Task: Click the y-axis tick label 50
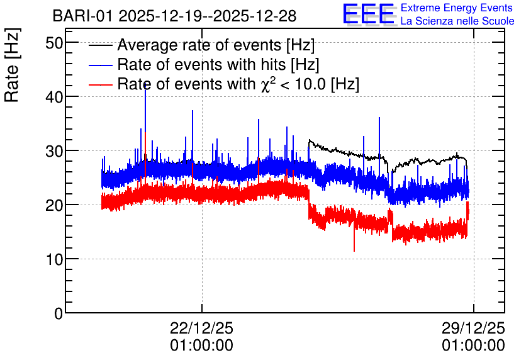tap(54, 43)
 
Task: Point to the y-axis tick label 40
tap(54, 98)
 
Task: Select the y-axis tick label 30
tap(54, 151)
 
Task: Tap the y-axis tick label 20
tap(54, 205)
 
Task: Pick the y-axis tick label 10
tap(54, 260)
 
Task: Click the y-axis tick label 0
tap(59, 313)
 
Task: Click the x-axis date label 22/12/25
tap(201, 328)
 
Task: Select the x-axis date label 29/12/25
tap(473, 328)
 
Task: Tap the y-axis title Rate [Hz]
tap(12, 65)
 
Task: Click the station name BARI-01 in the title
tap(82, 16)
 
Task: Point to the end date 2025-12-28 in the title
tap(255, 16)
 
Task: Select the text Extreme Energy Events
tap(457, 8)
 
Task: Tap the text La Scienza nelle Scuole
tap(457, 21)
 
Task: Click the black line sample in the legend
tap(100, 45)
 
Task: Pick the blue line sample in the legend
tap(100, 65)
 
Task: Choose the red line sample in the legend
tap(100, 84)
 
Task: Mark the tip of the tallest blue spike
tap(145, 84)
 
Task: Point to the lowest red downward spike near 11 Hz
tap(354, 250)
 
